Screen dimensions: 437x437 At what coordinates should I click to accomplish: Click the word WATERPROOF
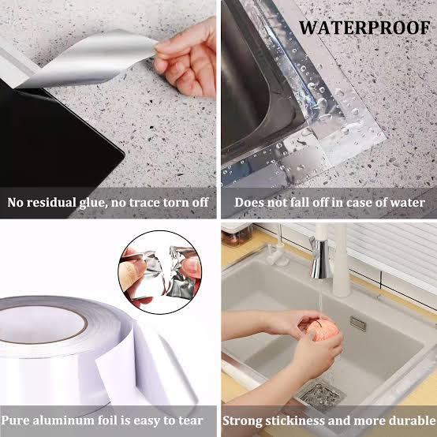(364, 28)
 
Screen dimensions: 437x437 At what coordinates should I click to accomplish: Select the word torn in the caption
(170, 203)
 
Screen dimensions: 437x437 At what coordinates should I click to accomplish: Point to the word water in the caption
(408, 203)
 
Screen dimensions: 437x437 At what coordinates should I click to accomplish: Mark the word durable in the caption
(408, 420)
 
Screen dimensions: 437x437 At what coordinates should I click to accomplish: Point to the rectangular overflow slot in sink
(357, 323)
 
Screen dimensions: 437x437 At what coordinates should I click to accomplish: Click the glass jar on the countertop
(237, 234)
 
